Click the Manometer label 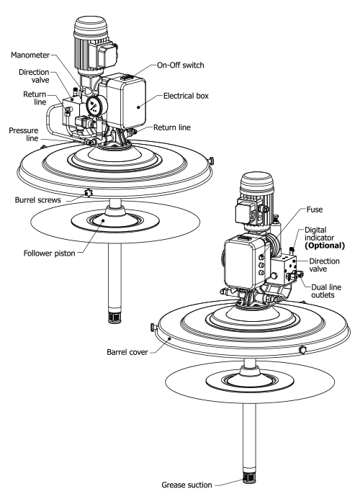click(x=30, y=55)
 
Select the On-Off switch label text click(x=180, y=65)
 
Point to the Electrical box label click(x=186, y=96)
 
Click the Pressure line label click(x=24, y=135)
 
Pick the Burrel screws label click(x=37, y=200)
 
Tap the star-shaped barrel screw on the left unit click(x=88, y=193)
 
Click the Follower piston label click(x=49, y=253)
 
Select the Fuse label click(x=315, y=210)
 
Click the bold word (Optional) click(x=325, y=246)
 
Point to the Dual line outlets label click(x=326, y=291)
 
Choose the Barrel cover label click(x=127, y=352)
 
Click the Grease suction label click(x=186, y=485)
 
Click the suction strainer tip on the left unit click(x=114, y=317)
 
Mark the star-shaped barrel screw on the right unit click(x=302, y=350)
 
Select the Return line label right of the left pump click(x=171, y=127)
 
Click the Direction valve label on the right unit click(x=324, y=265)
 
